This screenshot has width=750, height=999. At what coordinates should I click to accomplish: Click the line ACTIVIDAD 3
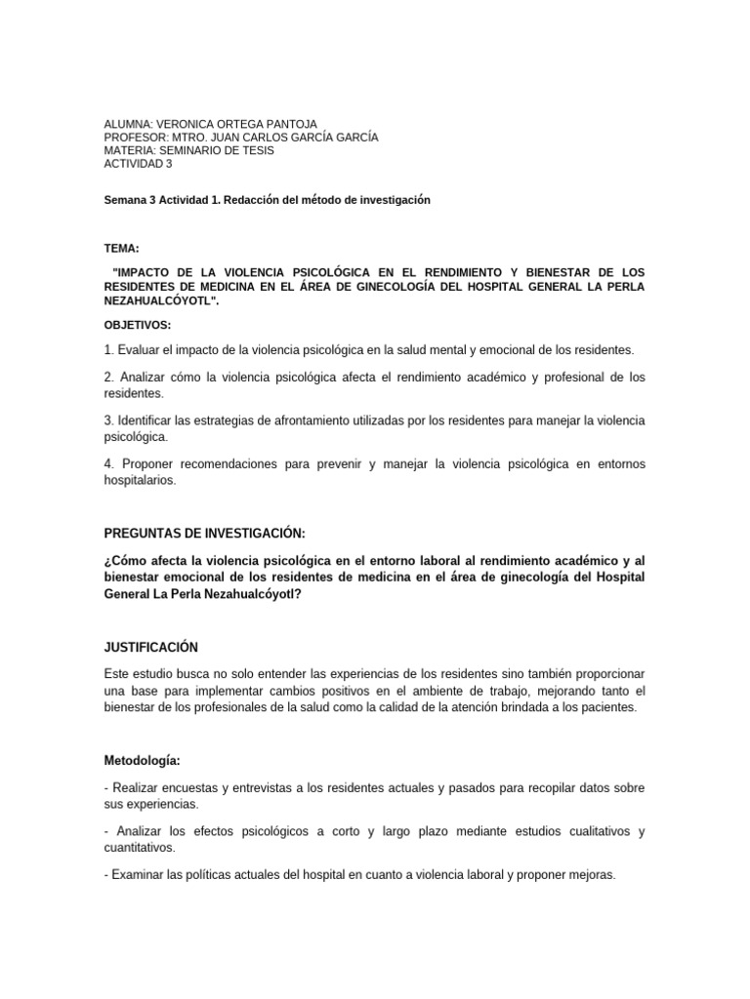(138, 163)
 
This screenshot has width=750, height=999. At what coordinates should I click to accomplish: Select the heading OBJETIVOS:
(137, 324)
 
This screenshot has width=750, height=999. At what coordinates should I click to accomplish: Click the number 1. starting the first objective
(108, 348)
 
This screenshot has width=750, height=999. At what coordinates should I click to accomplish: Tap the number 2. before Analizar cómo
(108, 377)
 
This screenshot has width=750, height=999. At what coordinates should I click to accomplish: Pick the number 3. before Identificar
(108, 420)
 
